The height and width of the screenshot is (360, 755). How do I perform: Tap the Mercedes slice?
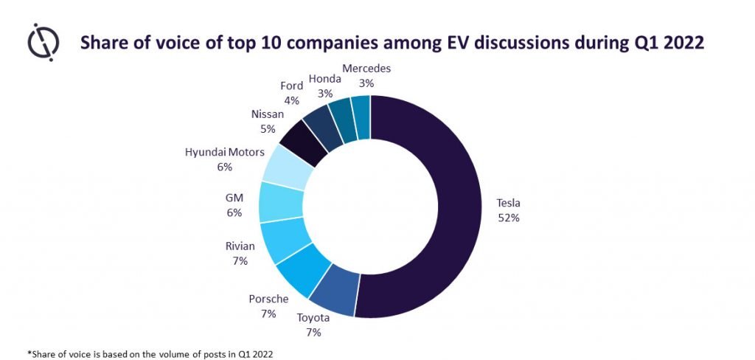pos(360,114)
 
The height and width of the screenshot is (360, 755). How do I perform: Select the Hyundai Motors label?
pos(224,153)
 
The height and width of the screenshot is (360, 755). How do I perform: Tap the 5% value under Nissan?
pos(267,128)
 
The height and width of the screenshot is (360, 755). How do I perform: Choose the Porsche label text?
pos(268,299)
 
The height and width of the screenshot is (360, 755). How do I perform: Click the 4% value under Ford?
pos(292,100)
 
